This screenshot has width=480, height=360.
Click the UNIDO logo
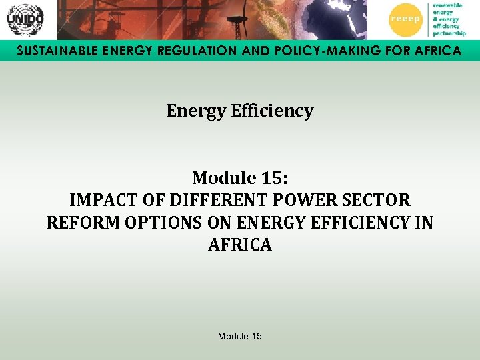[x=25, y=19]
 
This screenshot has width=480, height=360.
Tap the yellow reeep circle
[x=405, y=19]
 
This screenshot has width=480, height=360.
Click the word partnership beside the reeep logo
[x=449, y=33]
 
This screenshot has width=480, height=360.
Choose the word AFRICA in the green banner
[x=436, y=51]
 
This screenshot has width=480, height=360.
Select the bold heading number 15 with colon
[x=274, y=178]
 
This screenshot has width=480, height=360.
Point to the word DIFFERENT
[x=199, y=200]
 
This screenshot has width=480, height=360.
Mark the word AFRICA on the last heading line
[x=240, y=245]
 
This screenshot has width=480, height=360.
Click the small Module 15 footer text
[x=240, y=336]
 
